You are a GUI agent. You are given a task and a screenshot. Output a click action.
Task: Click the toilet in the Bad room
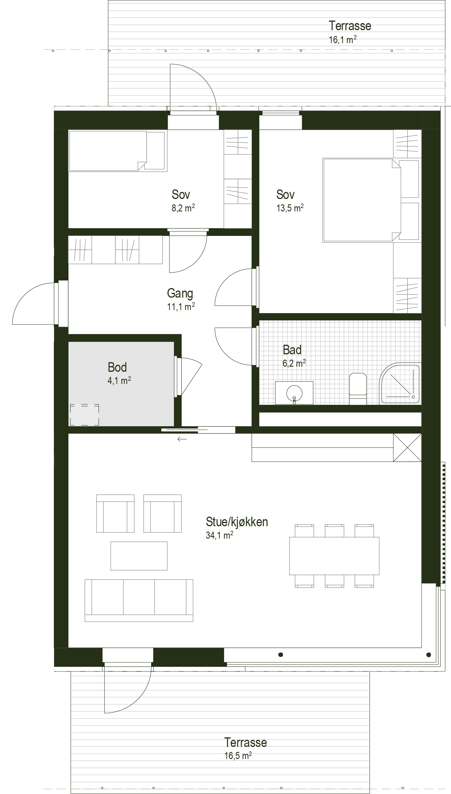point(358,389)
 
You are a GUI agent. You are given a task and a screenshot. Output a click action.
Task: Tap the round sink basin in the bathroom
point(294,393)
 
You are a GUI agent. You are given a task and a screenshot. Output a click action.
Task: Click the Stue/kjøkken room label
point(237,522)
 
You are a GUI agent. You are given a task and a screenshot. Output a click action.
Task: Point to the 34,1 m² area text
point(219,535)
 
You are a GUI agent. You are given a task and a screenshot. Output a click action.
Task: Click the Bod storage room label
point(117,367)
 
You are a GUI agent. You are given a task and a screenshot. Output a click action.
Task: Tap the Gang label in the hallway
point(180,293)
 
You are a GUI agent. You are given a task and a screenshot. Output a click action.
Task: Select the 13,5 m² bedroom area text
point(290,208)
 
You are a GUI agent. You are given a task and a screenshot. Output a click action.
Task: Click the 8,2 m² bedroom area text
point(183,208)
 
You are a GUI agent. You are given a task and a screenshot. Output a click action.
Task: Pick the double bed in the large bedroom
point(362,200)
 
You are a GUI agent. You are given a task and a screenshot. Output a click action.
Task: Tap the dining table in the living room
point(334,556)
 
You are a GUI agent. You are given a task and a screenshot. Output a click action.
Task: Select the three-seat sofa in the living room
point(139,600)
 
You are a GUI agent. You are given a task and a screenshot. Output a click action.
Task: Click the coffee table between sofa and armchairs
point(139,556)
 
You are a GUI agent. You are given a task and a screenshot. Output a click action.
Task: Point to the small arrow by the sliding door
point(182,439)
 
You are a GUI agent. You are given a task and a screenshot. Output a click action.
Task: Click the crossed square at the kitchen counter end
point(407,448)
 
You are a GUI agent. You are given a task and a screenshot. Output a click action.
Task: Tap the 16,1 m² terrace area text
point(342,40)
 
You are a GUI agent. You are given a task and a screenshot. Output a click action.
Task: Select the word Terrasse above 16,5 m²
point(245,743)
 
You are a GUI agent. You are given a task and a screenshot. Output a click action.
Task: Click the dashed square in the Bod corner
point(85,415)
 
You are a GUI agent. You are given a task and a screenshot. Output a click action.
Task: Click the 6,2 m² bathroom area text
point(294,363)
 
